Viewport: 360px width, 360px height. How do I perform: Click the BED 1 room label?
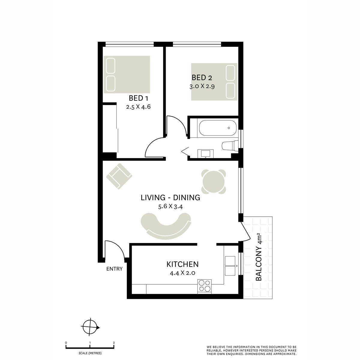138,98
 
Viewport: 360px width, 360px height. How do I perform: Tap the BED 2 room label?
202,77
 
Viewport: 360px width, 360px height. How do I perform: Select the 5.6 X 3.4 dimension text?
170,207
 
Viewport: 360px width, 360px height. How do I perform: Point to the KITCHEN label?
182,264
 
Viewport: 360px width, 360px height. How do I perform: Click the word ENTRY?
114,269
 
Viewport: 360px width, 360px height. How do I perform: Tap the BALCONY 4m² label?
259,257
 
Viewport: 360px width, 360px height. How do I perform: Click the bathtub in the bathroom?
217,128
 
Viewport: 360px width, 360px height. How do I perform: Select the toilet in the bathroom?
230,145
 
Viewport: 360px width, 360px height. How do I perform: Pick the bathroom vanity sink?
205,154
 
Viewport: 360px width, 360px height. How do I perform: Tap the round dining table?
214,181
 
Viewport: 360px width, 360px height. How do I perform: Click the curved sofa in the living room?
166,226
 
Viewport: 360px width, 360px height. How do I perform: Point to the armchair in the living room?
119,176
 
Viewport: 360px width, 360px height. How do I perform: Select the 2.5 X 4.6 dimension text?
138,107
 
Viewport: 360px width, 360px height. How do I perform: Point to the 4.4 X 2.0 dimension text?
182,273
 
